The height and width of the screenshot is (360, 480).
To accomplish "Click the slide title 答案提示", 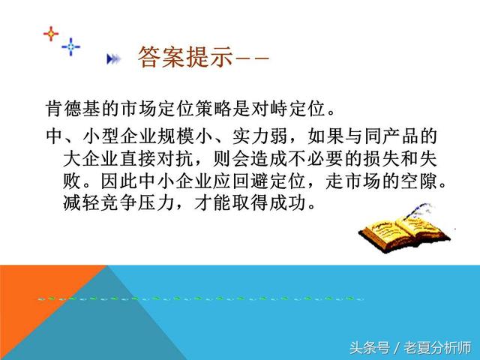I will (184, 57).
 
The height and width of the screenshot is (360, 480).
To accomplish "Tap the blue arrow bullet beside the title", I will (113, 58).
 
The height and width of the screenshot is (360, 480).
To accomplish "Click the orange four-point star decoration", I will (50, 34).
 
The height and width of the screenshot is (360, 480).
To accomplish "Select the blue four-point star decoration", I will (71, 47).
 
